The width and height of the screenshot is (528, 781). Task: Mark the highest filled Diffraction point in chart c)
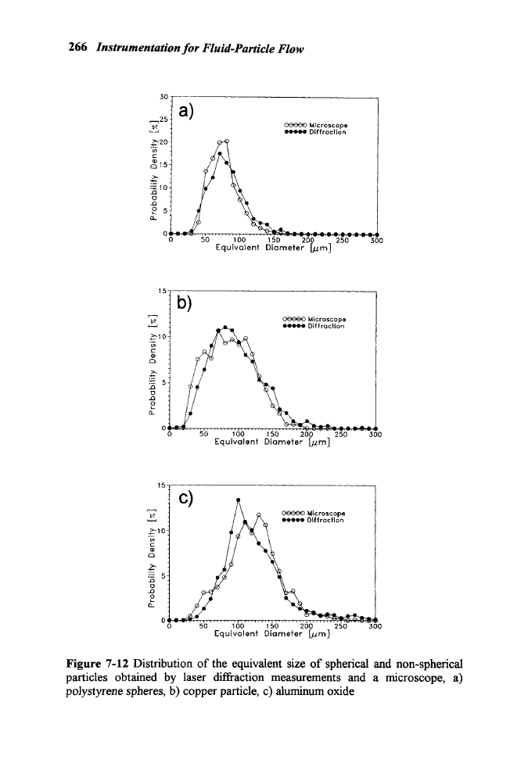238,500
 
